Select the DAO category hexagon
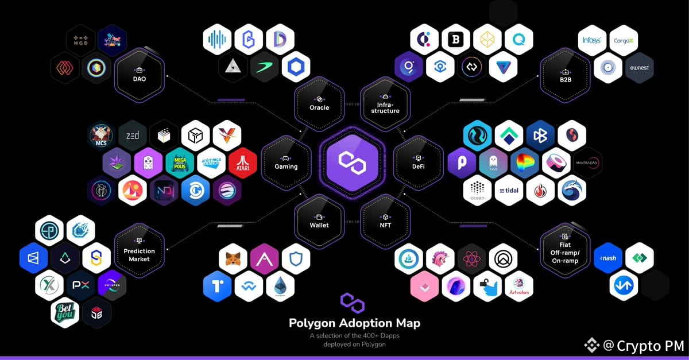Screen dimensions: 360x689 pos(139,75)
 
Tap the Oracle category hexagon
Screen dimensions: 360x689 pos(319,103)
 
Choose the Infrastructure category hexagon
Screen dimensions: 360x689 pos(385,103)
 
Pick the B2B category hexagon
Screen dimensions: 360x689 pos(565,75)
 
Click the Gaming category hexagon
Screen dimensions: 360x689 pos(286,162)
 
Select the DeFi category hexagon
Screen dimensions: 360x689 pos(418,162)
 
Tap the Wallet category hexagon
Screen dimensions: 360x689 pos(319,221)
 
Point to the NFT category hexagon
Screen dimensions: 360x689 pos(385,221)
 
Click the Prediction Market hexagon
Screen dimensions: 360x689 pos(139,251)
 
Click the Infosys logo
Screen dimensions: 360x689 pos(592,41)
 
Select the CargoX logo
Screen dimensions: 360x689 pos(624,41)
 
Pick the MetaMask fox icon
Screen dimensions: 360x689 pos(233,259)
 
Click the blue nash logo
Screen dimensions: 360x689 pos(608,258)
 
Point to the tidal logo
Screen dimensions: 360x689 pos(509,191)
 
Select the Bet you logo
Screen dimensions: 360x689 pos(65,313)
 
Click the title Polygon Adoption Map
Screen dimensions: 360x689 pos(354,323)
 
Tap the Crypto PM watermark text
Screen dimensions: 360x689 pos(642,346)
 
